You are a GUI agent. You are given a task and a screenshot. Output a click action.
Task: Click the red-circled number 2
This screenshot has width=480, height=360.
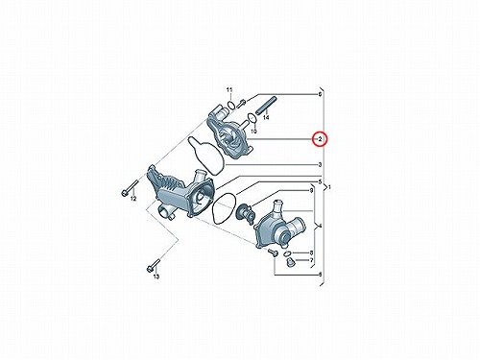(320, 139)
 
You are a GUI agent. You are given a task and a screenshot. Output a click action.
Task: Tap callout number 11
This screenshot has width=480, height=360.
(229, 90)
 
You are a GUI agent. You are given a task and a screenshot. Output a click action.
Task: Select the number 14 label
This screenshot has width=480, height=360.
(266, 117)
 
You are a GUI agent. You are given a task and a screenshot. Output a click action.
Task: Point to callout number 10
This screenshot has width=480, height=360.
(253, 132)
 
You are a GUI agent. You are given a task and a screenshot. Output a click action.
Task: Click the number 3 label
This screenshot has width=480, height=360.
(320, 165)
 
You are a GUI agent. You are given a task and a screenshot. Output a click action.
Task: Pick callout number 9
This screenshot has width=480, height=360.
(311, 191)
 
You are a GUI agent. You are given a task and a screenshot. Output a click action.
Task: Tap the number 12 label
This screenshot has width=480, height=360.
(133, 199)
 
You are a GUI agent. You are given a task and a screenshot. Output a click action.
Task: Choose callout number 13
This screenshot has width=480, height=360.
(156, 276)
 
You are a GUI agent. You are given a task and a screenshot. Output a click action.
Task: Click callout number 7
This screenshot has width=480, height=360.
(311, 260)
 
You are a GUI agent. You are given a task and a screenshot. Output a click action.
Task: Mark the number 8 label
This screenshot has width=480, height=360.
(311, 252)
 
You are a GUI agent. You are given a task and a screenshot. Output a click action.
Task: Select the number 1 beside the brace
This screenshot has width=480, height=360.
(330, 187)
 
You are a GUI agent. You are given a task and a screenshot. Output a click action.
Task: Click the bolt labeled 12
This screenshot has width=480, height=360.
(130, 188)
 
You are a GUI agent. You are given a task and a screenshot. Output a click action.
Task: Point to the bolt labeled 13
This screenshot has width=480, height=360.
(154, 264)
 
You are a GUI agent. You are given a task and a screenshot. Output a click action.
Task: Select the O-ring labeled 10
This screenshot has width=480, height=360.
(252, 118)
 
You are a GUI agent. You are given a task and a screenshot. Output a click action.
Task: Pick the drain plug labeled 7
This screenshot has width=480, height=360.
(289, 262)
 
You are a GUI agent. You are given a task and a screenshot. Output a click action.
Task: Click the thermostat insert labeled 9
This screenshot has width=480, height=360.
(245, 212)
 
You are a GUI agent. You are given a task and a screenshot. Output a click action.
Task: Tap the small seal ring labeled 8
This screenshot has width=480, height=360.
(288, 253)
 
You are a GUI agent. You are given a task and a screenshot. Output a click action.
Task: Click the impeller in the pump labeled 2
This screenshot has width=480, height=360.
(226, 137)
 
